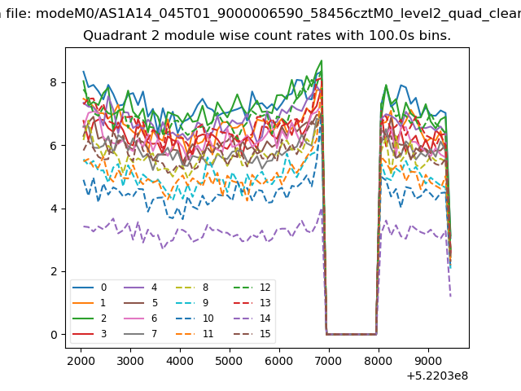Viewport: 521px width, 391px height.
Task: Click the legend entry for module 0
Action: pyautogui.click(x=90, y=288)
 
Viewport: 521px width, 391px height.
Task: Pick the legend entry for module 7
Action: pyautogui.click(x=140, y=333)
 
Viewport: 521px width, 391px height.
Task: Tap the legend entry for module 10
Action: pyautogui.click(x=195, y=319)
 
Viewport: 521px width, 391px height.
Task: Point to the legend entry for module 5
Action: pyautogui.click(x=140, y=303)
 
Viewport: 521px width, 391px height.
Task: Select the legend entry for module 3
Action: pyautogui.click(x=90, y=333)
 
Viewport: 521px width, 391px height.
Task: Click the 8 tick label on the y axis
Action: pyautogui.click(x=54, y=82)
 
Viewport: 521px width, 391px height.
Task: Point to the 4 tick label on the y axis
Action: pyautogui.click(x=54, y=209)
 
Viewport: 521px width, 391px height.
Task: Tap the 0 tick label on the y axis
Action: pyautogui.click(x=54, y=335)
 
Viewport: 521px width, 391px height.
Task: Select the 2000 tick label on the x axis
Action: pyautogui.click(x=81, y=361)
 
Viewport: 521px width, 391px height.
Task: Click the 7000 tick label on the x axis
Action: pyautogui.click(x=329, y=361)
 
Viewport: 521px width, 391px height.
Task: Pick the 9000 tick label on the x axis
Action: pyautogui.click(x=428, y=361)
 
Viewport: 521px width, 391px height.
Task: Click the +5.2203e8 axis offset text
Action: pyautogui.click(x=437, y=376)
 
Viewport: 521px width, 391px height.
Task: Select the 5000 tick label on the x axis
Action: pyautogui.click(x=230, y=361)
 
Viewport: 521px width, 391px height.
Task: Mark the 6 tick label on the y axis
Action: pyautogui.click(x=54, y=146)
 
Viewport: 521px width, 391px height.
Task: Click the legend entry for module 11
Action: pyautogui.click(x=195, y=333)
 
